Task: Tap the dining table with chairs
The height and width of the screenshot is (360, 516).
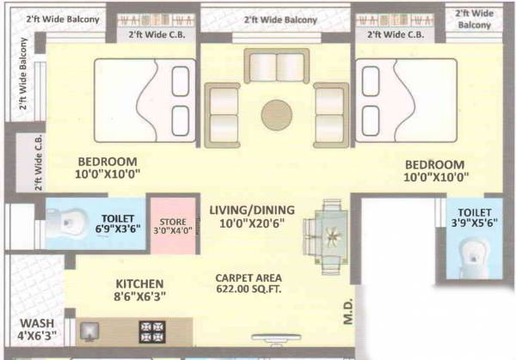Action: (331, 234)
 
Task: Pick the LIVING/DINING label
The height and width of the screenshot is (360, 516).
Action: (252, 210)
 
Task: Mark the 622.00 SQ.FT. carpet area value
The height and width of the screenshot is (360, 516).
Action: (247, 290)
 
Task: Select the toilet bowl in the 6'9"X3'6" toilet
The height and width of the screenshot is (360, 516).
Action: (64, 224)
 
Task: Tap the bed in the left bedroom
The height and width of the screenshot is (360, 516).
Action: (143, 100)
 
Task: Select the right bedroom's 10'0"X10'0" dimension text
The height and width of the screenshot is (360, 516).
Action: (435, 178)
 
